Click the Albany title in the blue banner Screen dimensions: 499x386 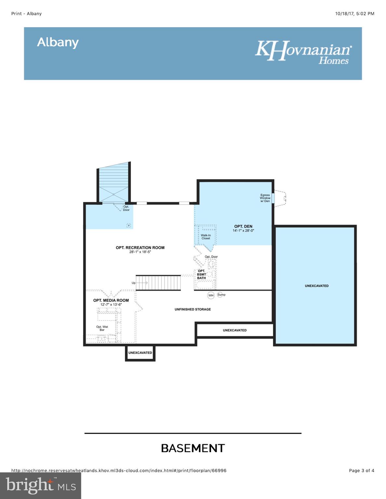point(58,43)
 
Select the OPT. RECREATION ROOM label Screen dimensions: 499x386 point(140,248)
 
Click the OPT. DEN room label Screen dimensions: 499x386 point(243,226)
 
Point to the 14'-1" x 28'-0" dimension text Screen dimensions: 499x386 point(243,231)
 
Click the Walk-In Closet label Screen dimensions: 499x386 point(206,237)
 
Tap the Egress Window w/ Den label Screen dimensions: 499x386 point(265,198)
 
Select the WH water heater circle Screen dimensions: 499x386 point(211,295)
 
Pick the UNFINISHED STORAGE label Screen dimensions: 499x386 point(193,309)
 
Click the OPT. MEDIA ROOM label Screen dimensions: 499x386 point(111,300)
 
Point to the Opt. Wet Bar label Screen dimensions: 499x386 point(102,328)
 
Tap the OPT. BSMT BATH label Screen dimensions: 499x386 point(202,275)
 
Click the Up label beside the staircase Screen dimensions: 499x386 point(133,283)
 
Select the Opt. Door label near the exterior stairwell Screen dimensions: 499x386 point(126,208)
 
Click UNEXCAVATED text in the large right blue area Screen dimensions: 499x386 point(317,286)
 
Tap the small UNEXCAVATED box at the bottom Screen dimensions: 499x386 point(140,353)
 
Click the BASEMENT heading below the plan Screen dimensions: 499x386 point(193,448)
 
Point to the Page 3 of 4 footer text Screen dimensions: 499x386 point(362,470)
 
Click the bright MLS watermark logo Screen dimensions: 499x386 point(41,486)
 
